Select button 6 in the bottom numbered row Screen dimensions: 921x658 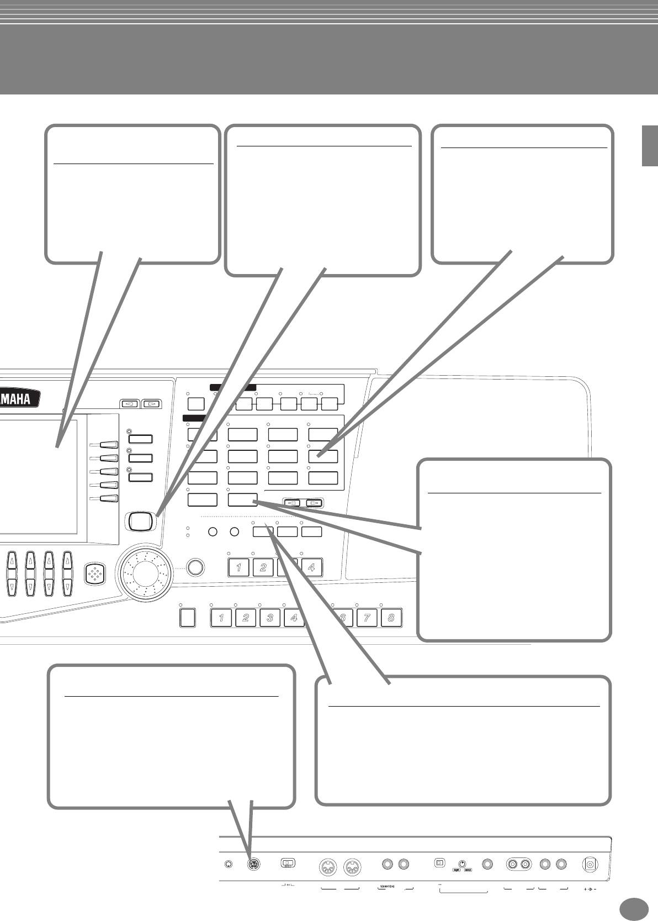(342, 618)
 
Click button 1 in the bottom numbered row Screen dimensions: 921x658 (222, 618)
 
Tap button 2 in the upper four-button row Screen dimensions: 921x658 (263, 567)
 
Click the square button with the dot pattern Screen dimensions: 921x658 (95, 574)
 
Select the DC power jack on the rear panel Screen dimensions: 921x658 (591, 865)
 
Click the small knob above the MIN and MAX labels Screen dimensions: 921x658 (462, 863)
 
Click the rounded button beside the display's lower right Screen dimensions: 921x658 (140, 520)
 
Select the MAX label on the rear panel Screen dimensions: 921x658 (468, 870)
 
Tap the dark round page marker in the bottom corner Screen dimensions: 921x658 (634, 908)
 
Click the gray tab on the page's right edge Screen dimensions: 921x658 (650, 145)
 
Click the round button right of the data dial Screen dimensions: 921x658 (194, 567)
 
